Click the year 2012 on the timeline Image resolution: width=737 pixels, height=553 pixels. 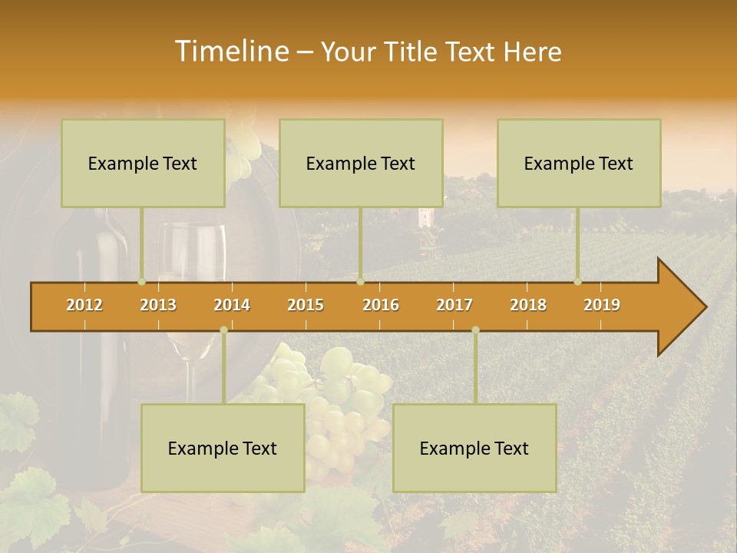click(x=84, y=305)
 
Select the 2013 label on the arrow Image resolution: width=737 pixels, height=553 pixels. click(x=158, y=305)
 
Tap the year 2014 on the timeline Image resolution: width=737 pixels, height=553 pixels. click(x=232, y=305)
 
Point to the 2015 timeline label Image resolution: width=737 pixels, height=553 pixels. click(x=306, y=305)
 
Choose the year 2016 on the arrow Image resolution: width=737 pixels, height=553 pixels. click(x=381, y=305)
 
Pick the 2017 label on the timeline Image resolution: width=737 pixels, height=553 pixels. click(x=454, y=305)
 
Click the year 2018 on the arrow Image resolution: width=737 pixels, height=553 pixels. click(x=528, y=305)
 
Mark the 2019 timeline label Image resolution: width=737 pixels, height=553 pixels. click(x=602, y=305)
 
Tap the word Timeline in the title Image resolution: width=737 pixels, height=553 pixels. click(x=230, y=51)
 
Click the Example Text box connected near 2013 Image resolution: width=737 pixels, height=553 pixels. click(x=143, y=164)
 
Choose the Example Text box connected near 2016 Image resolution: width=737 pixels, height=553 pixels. click(x=361, y=164)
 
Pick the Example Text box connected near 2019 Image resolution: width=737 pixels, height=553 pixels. click(x=579, y=164)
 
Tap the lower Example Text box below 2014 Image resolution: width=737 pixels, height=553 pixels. click(x=223, y=449)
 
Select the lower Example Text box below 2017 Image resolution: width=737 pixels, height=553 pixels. click(x=474, y=449)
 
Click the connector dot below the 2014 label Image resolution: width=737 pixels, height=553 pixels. click(x=223, y=330)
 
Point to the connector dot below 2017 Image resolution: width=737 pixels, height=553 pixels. click(x=475, y=330)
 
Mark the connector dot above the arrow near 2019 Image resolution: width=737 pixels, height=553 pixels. click(x=577, y=281)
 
